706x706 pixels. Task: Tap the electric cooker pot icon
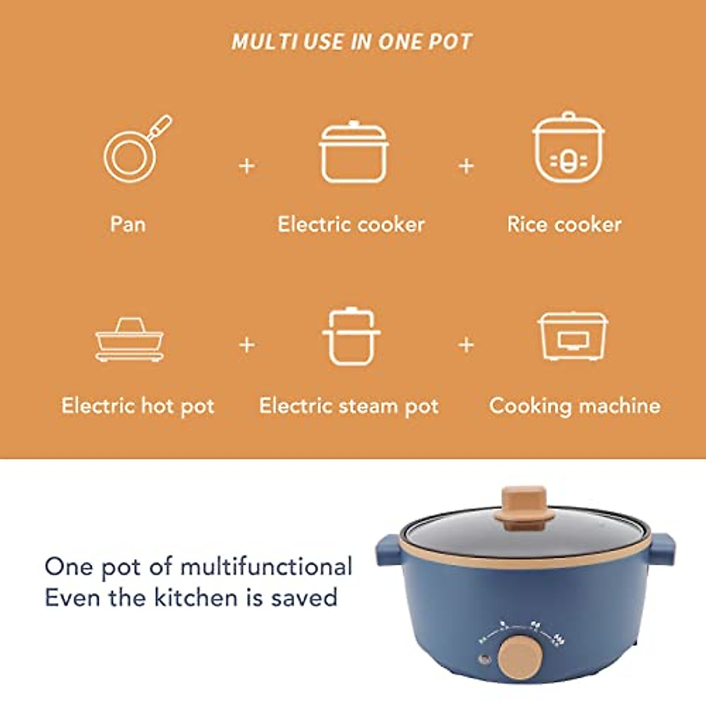[x=354, y=153]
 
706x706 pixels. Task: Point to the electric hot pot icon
[x=129, y=341]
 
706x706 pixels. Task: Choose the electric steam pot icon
[x=351, y=337]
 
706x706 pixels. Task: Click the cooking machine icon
[x=573, y=337]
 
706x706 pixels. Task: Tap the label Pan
[x=128, y=224]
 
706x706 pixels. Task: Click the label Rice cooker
[x=564, y=224]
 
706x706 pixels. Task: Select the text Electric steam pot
[x=349, y=406]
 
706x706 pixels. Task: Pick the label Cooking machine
[x=575, y=406]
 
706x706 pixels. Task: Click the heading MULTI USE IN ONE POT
[x=352, y=42]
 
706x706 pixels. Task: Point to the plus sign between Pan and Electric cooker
[x=247, y=166]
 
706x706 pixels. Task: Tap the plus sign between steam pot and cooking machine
[x=466, y=345]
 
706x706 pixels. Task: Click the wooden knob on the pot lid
[x=524, y=504]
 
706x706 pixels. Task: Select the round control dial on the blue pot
[x=520, y=655]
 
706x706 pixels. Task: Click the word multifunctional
[x=266, y=567]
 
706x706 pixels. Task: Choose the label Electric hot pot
[x=138, y=406]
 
